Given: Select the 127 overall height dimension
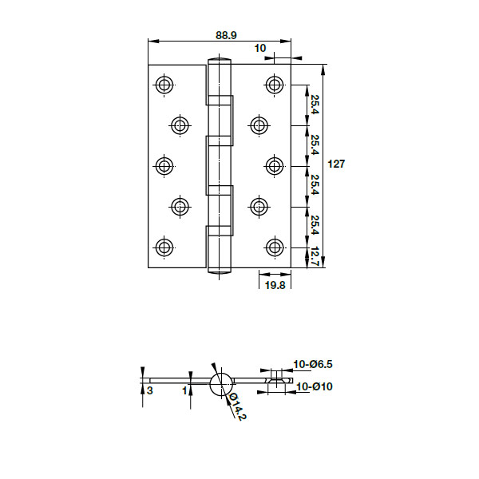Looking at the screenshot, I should [x=337, y=164].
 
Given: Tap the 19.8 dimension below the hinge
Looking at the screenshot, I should [x=275, y=285].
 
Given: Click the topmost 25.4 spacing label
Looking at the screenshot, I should [x=315, y=105].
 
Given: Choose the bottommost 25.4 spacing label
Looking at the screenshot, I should [x=315, y=226].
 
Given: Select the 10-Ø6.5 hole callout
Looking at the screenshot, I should [x=313, y=364].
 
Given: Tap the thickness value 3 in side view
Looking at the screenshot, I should [x=149, y=390].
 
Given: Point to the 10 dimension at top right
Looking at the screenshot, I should [x=260, y=48].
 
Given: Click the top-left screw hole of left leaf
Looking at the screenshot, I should [x=164, y=85].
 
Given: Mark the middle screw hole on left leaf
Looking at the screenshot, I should [x=164, y=165].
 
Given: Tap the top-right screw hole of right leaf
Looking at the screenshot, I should [x=275, y=85].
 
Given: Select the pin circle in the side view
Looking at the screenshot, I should [x=221, y=383].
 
